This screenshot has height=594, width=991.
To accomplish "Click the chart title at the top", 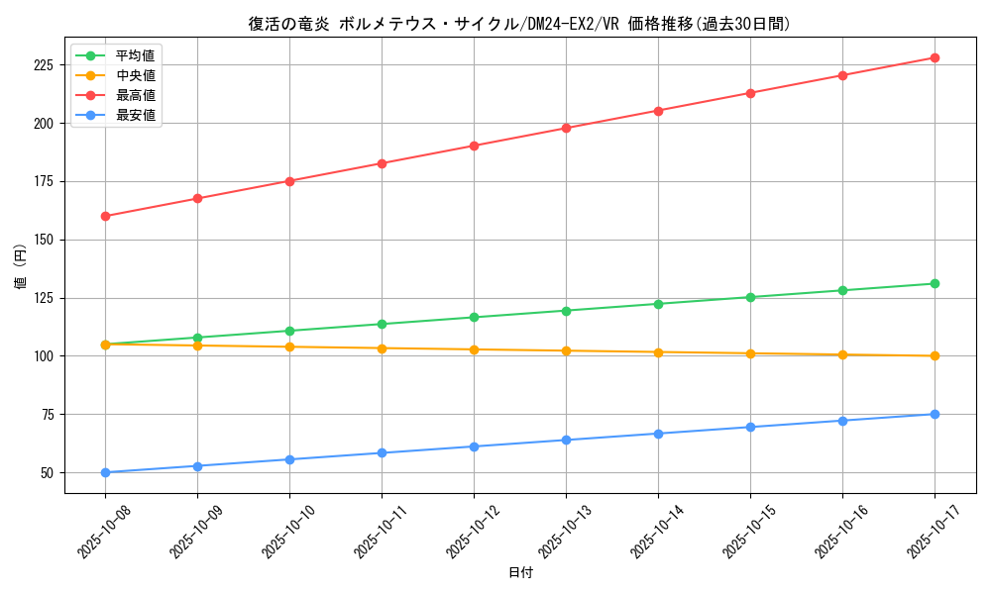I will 519,24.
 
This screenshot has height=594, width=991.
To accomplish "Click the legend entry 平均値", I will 135,55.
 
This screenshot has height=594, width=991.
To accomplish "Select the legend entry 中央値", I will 135,75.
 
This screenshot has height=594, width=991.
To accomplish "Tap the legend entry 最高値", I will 135,95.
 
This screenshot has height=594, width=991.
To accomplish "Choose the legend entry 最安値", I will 135,115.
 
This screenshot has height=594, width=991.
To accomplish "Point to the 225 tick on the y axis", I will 47,65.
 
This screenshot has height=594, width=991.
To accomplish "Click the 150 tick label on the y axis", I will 47,240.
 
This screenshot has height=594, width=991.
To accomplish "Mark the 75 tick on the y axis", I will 50,414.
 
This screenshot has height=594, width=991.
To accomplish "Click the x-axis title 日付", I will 519,573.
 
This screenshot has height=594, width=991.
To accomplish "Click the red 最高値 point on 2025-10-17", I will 935,57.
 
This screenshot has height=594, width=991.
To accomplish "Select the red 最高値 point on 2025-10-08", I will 105,216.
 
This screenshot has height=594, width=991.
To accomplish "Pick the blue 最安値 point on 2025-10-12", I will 474,446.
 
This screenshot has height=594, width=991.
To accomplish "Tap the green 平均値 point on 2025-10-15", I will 750,297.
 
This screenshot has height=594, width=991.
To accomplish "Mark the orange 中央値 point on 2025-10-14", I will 658,352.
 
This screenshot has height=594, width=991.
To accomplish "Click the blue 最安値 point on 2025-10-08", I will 105,472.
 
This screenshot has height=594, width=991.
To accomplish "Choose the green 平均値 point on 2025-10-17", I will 935,283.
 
